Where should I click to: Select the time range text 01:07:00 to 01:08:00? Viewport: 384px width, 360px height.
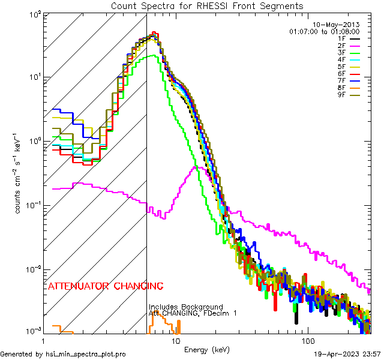(324, 31)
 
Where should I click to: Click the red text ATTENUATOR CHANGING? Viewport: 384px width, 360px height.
(105, 286)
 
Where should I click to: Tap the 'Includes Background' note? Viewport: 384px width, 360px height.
(186, 307)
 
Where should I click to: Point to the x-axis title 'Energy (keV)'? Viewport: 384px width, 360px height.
(207, 349)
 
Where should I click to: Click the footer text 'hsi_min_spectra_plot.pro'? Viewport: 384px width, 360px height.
(86, 354)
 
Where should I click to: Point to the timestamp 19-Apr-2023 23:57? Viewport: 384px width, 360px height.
(347, 354)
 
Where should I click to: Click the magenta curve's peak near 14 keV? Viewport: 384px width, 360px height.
(194, 167)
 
